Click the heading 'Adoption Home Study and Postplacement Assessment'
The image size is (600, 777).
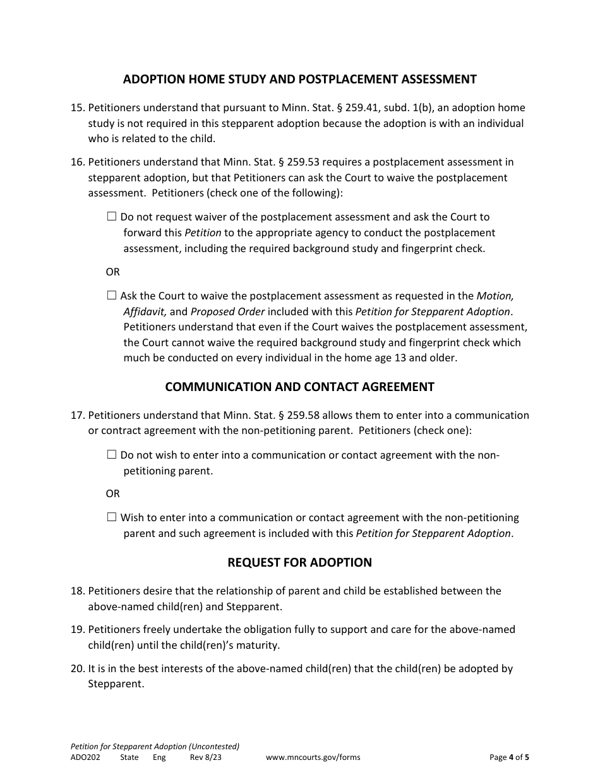point(299,79)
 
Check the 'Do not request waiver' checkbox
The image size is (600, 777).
point(112,217)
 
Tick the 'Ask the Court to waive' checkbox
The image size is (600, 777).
point(112,295)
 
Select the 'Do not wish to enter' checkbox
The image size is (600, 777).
point(112,454)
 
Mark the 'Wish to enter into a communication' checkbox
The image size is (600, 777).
point(112,517)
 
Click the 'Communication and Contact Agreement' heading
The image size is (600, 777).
point(299,387)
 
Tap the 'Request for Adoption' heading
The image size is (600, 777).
point(299,562)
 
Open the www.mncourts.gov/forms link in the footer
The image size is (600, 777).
point(313,757)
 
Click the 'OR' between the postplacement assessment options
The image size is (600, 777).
point(112,272)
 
